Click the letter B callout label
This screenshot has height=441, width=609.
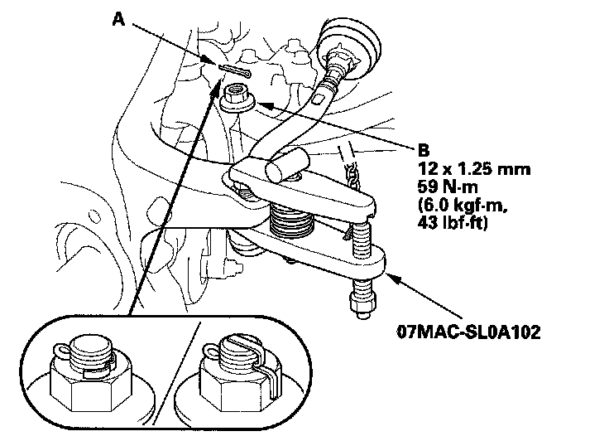tap(424, 152)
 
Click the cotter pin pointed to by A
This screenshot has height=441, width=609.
tap(234, 71)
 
